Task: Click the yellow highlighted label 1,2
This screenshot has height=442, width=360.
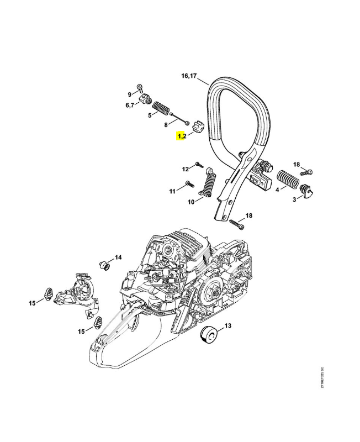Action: click(x=181, y=136)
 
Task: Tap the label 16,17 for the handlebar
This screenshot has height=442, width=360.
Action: click(x=189, y=76)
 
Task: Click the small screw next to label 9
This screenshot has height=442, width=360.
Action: click(x=141, y=88)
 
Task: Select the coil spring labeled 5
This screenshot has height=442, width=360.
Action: click(x=161, y=107)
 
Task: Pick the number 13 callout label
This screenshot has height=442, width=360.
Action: click(x=227, y=326)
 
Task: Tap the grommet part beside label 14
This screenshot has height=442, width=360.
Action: click(x=103, y=264)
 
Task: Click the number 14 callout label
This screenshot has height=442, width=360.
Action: click(x=118, y=257)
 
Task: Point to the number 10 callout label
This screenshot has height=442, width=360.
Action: click(x=191, y=202)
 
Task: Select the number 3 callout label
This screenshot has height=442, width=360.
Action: click(x=294, y=199)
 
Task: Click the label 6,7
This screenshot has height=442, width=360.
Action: click(x=130, y=105)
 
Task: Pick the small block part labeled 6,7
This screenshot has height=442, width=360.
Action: click(x=146, y=99)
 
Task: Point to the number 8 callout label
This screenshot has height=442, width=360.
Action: click(x=166, y=125)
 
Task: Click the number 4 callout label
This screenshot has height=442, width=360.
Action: click(x=277, y=190)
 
